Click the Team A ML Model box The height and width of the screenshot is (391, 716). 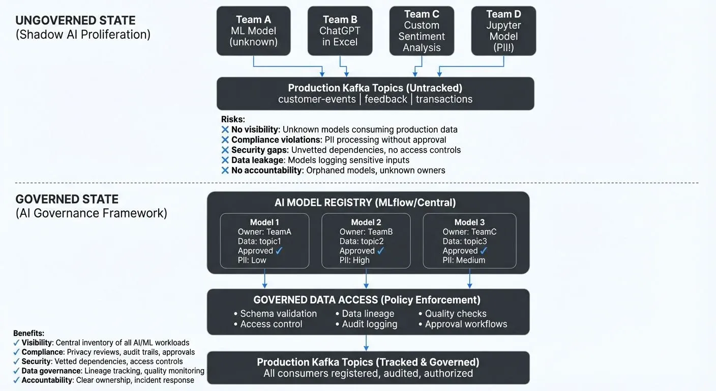(x=253, y=31)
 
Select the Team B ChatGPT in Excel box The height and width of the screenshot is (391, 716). (x=340, y=31)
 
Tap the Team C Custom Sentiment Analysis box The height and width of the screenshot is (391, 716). (x=422, y=31)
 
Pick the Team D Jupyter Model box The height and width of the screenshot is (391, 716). (x=503, y=31)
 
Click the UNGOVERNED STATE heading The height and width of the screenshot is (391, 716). (x=75, y=21)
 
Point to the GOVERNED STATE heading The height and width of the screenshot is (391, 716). (x=67, y=199)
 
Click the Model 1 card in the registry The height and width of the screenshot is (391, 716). (x=264, y=241)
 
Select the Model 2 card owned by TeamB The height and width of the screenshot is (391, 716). (x=366, y=241)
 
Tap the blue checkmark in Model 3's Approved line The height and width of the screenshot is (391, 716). (x=484, y=250)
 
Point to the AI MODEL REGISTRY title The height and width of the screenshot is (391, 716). (x=365, y=203)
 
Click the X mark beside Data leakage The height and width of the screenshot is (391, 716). (x=225, y=160)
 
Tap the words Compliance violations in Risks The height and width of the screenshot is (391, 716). (x=276, y=139)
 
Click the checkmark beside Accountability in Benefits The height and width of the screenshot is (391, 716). (x=17, y=380)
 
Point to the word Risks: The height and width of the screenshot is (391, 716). (x=233, y=119)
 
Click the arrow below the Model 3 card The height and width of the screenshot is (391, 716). (x=469, y=279)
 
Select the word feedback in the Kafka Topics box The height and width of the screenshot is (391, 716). (x=385, y=99)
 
